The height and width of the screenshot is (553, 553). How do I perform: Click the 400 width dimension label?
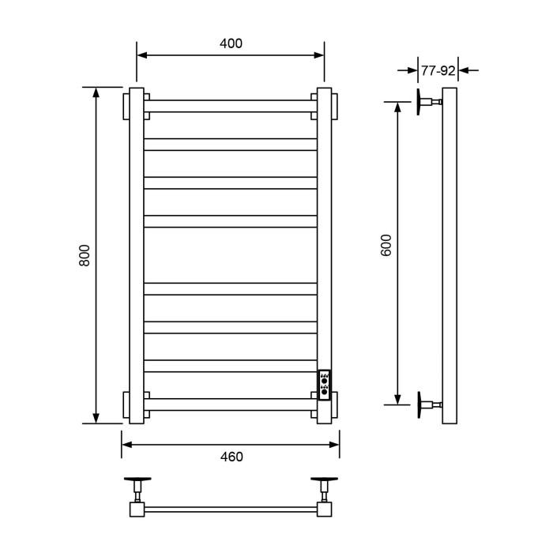click(x=231, y=44)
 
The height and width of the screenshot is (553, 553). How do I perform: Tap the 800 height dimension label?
click(x=85, y=255)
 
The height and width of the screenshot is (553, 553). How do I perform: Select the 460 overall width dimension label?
click(x=231, y=457)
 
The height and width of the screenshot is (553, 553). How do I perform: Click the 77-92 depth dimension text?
click(x=438, y=70)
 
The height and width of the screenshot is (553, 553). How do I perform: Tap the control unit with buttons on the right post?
click(x=325, y=385)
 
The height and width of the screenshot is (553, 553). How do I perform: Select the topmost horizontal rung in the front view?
click(x=231, y=105)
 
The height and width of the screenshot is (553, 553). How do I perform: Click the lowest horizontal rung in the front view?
click(x=231, y=404)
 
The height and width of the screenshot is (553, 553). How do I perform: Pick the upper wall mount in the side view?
click(x=427, y=102)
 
